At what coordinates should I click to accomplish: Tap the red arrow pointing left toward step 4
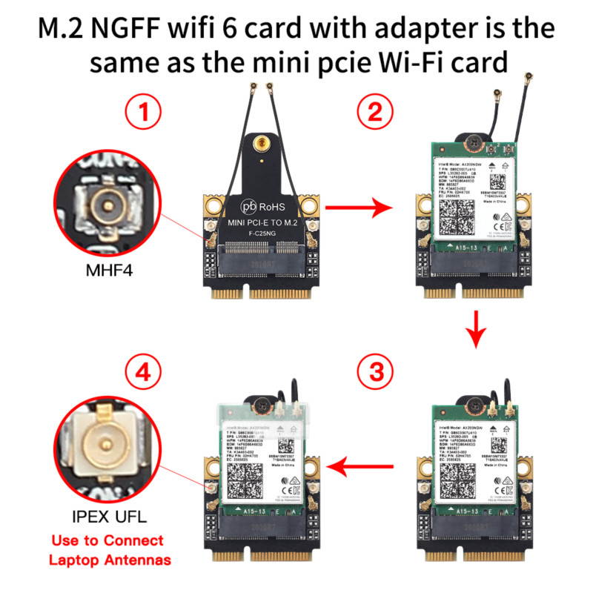click(363, 467)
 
